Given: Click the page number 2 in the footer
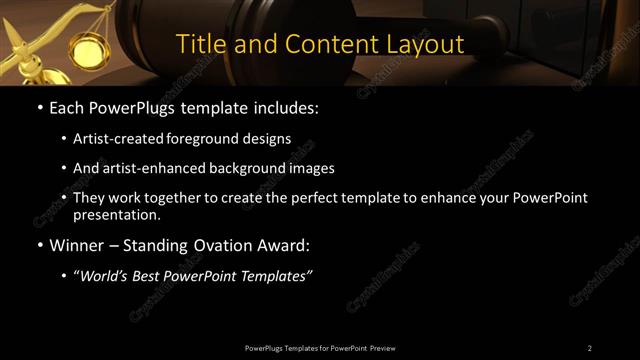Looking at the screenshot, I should pyautogui.click(x=589, y=348).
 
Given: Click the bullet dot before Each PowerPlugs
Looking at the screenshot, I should pyautogui.click(x=39, y=107).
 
